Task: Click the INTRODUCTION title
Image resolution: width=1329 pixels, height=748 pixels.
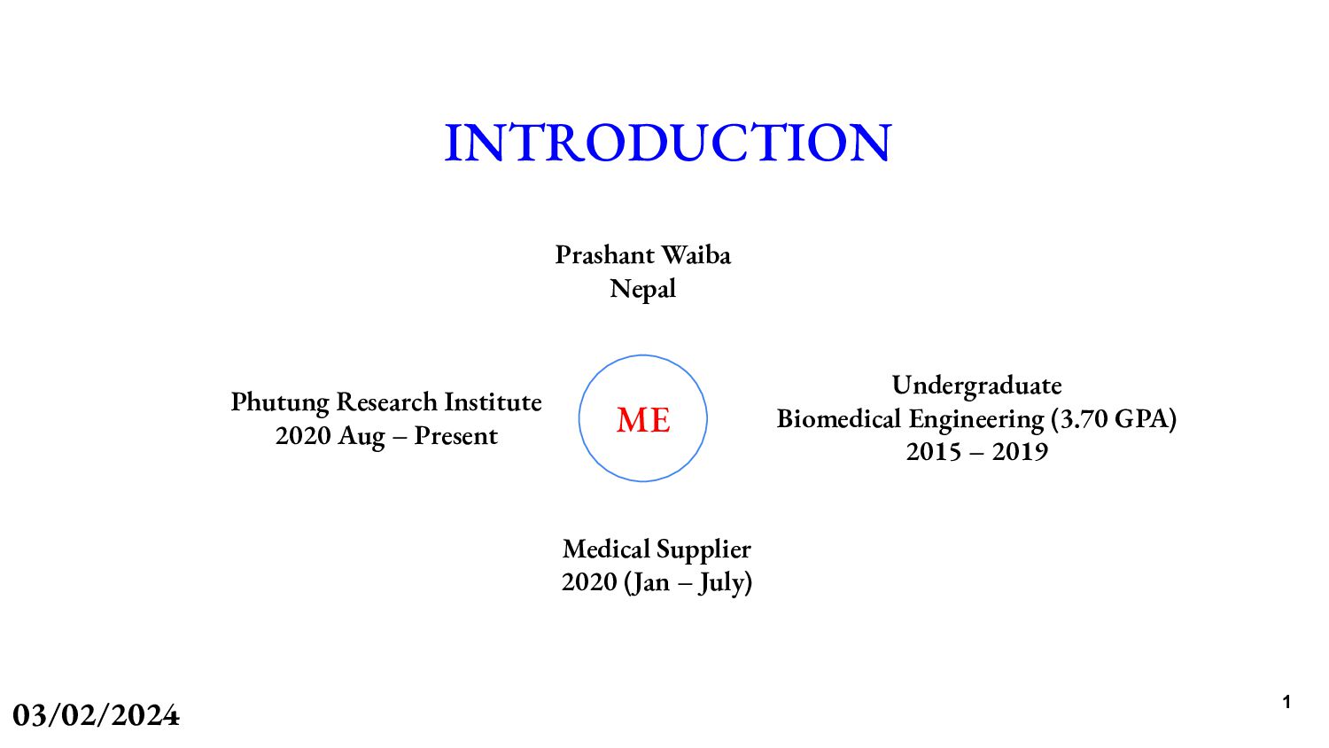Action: (667, 143)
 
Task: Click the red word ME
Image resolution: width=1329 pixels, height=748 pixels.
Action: (643, 420)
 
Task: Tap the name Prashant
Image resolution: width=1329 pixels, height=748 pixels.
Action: (605, 255)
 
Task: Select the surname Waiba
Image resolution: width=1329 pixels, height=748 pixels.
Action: (696, 255)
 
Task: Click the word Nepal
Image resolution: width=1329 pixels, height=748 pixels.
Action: (643, 289)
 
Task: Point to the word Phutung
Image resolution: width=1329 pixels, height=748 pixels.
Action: (280, 402)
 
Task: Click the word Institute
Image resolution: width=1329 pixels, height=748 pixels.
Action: (493, 402)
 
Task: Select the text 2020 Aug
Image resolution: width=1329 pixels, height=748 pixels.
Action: (330, 436)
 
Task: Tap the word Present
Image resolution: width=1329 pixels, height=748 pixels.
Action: (455, 436)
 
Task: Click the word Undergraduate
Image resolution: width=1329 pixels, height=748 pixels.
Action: (976, 386)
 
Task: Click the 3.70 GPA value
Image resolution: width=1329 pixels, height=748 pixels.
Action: (1114, 418)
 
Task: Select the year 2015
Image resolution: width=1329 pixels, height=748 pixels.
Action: (934, 452)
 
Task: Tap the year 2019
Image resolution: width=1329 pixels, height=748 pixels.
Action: (1020, 452)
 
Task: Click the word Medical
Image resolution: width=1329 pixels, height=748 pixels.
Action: (606, 549)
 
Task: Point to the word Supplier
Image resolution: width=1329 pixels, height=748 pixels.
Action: (704, 550)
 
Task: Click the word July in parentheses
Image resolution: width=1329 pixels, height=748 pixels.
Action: (721, 583)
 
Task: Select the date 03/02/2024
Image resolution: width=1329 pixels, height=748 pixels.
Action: (96, 715)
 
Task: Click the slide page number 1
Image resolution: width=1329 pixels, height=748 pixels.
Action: (1286, 703)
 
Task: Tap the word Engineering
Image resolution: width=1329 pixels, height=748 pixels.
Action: (976, 419)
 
